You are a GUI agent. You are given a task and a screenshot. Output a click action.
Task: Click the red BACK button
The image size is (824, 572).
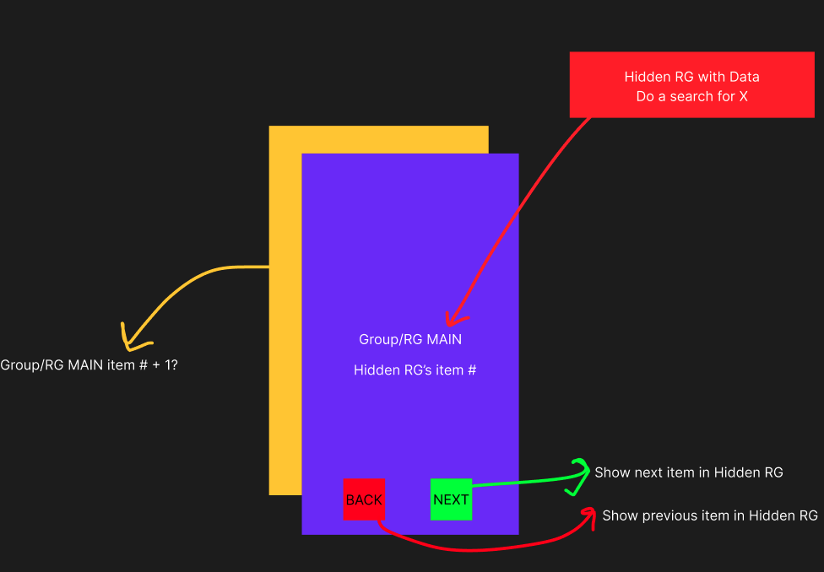[364, 499]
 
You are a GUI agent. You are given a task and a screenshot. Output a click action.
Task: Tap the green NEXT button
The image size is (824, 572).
[451, 499]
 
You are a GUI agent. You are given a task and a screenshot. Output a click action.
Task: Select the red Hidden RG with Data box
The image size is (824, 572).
[691, 84]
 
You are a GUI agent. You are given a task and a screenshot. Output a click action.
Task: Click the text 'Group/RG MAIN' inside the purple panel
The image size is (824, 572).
[410, 339]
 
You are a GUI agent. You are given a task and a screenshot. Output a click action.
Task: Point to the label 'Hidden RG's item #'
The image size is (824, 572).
[415, 370]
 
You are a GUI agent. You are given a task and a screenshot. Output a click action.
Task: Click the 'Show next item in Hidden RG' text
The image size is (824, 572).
[688, 472]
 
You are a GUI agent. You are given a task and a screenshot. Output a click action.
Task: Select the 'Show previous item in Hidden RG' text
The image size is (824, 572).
[709, 515]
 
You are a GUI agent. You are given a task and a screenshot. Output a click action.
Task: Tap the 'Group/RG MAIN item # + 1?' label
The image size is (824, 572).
[89, 365]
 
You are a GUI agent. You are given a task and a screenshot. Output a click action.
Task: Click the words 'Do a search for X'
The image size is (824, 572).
[691, 96]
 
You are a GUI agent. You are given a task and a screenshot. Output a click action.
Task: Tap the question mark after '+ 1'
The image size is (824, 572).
[174, 365]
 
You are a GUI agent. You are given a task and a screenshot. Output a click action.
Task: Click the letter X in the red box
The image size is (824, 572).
[743, 96]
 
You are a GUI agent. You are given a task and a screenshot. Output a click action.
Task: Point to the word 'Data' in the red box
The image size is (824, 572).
[744, 77]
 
